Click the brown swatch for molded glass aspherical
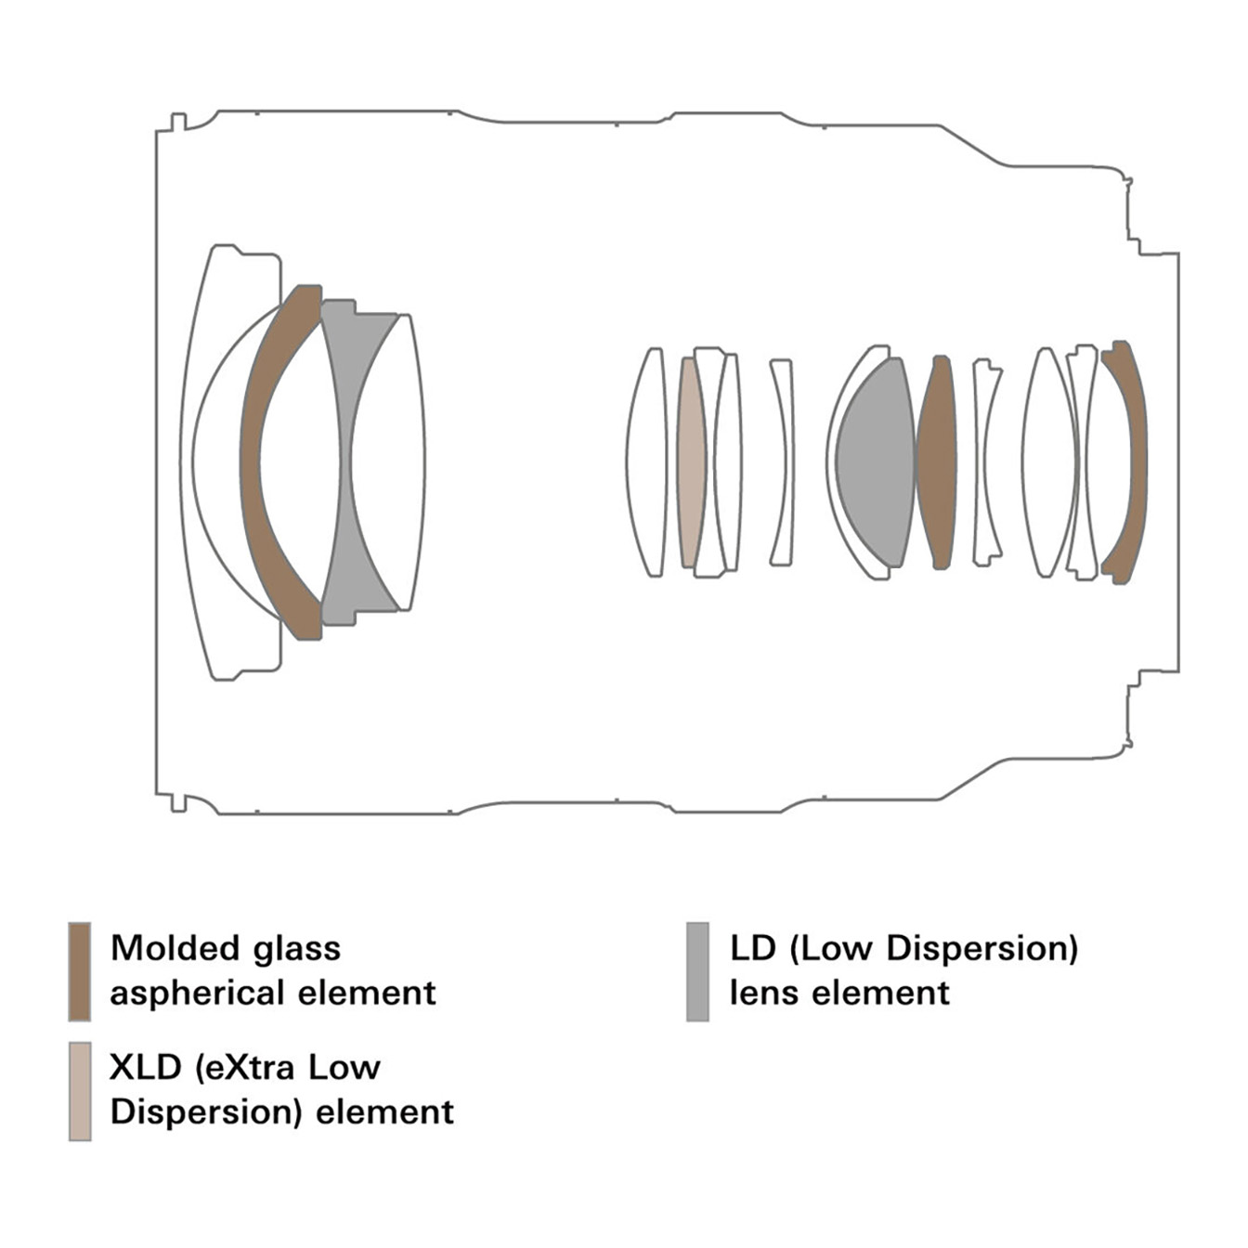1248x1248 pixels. click(x=80, y=971)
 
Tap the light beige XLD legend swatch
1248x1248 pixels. click(x=80, y=1091)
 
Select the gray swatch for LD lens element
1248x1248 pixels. click(x=697, y=971)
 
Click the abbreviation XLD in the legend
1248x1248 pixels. click(x=145, y=1068)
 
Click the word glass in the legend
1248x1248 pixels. click(x=292, y=948)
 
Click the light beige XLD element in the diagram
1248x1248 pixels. click(x=690, y=462)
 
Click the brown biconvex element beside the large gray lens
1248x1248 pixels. click(x=936, y=462)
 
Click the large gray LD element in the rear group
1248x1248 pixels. click(x=876, y=462)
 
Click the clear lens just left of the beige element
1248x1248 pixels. click(x=647, y=462)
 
